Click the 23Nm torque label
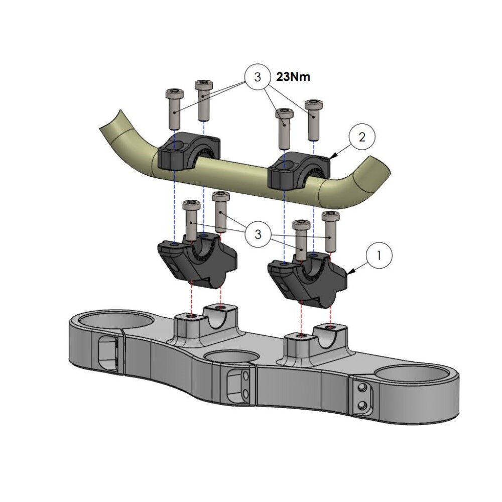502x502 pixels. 293,77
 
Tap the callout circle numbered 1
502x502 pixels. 379,256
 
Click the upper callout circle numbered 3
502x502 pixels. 258,77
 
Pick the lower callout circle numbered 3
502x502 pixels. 258,234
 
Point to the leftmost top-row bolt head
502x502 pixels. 175,93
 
